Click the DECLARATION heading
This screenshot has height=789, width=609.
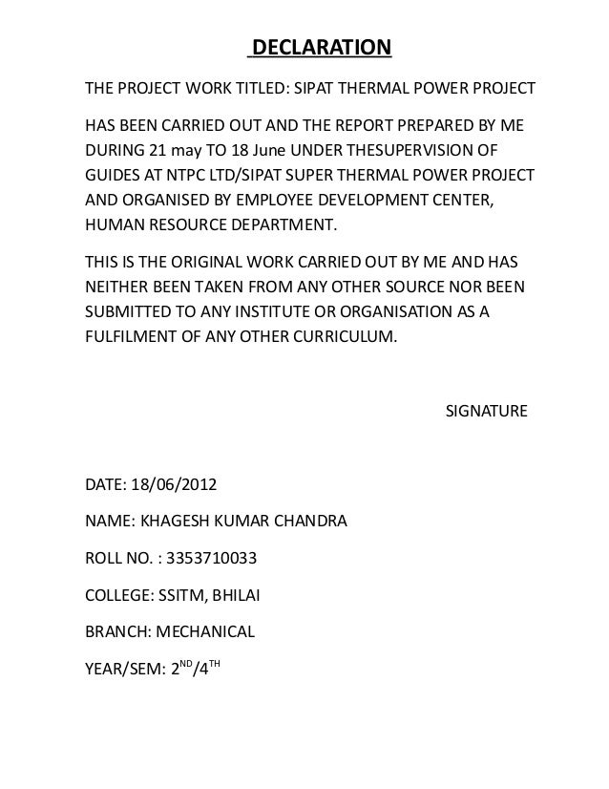[320, 48]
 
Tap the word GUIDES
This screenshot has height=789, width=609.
[113, 178]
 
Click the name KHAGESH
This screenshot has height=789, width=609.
[174, 522]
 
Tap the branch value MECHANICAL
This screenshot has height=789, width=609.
[206, 631]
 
